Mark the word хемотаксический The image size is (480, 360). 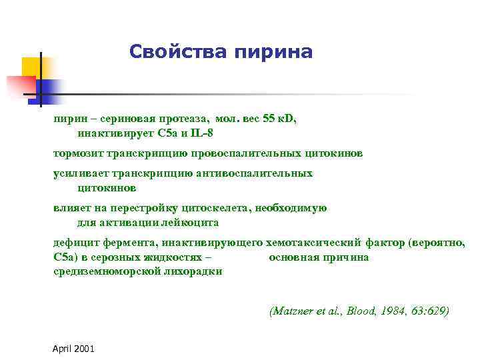point(313,242)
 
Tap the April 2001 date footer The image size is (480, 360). point(73,349)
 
